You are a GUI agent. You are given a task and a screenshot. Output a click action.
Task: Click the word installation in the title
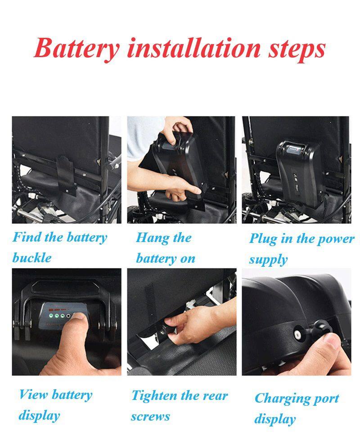(193, 48)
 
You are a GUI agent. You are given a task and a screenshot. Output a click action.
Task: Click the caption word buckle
(32, 257)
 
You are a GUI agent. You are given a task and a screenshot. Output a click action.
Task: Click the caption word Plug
(263, 239)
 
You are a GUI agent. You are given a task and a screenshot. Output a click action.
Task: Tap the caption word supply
(268, 260)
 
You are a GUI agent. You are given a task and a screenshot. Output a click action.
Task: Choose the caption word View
(33, 394)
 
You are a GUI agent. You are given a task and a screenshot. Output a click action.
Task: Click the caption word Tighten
(154, 396)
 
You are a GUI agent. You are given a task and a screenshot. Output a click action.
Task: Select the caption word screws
(150, 417)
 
